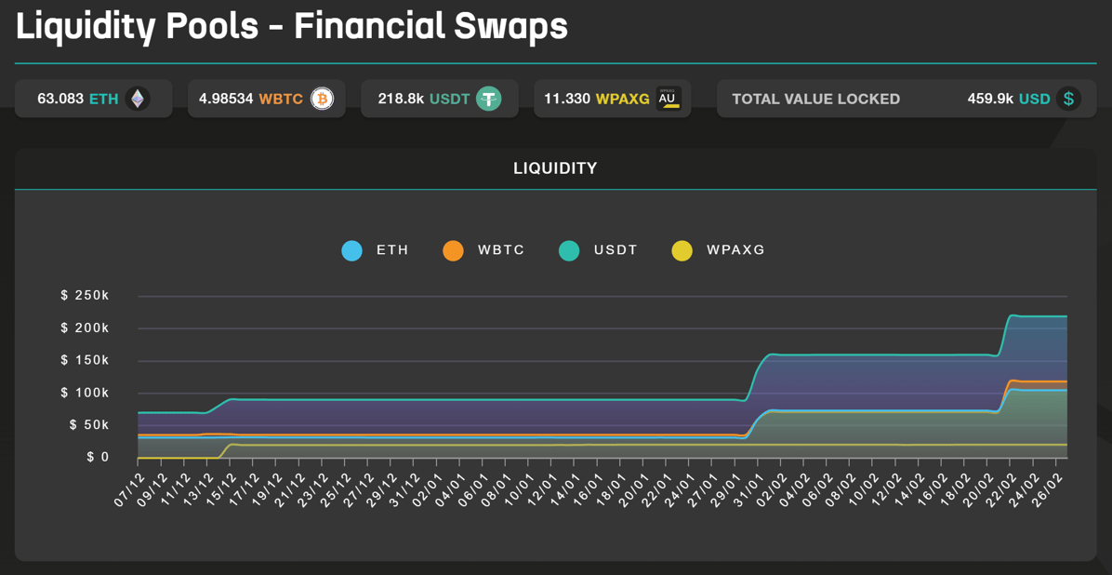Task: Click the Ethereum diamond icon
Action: tap(138, 99)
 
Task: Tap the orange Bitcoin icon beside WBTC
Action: tap(322, 99)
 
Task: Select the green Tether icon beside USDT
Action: tap(489, 99)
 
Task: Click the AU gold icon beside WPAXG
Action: tap(668, 99)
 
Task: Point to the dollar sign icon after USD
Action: tap(1069, 99)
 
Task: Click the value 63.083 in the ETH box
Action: tap(60, 99)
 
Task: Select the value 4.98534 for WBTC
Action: tap(226, 99)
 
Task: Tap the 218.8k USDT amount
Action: tap(401, 99)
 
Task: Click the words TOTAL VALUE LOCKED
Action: tap(815, 99)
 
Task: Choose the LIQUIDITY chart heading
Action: tap(555, 168)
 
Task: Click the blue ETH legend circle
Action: tap(351, 250)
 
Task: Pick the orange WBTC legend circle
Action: tap(453, 250)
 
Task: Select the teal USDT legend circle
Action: tap(569, 250)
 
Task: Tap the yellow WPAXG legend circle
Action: tap(682, 250)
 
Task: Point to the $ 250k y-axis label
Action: tap(85, 296)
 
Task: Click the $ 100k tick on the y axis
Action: tap(85, 393)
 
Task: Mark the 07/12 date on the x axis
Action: tap(130, 489)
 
